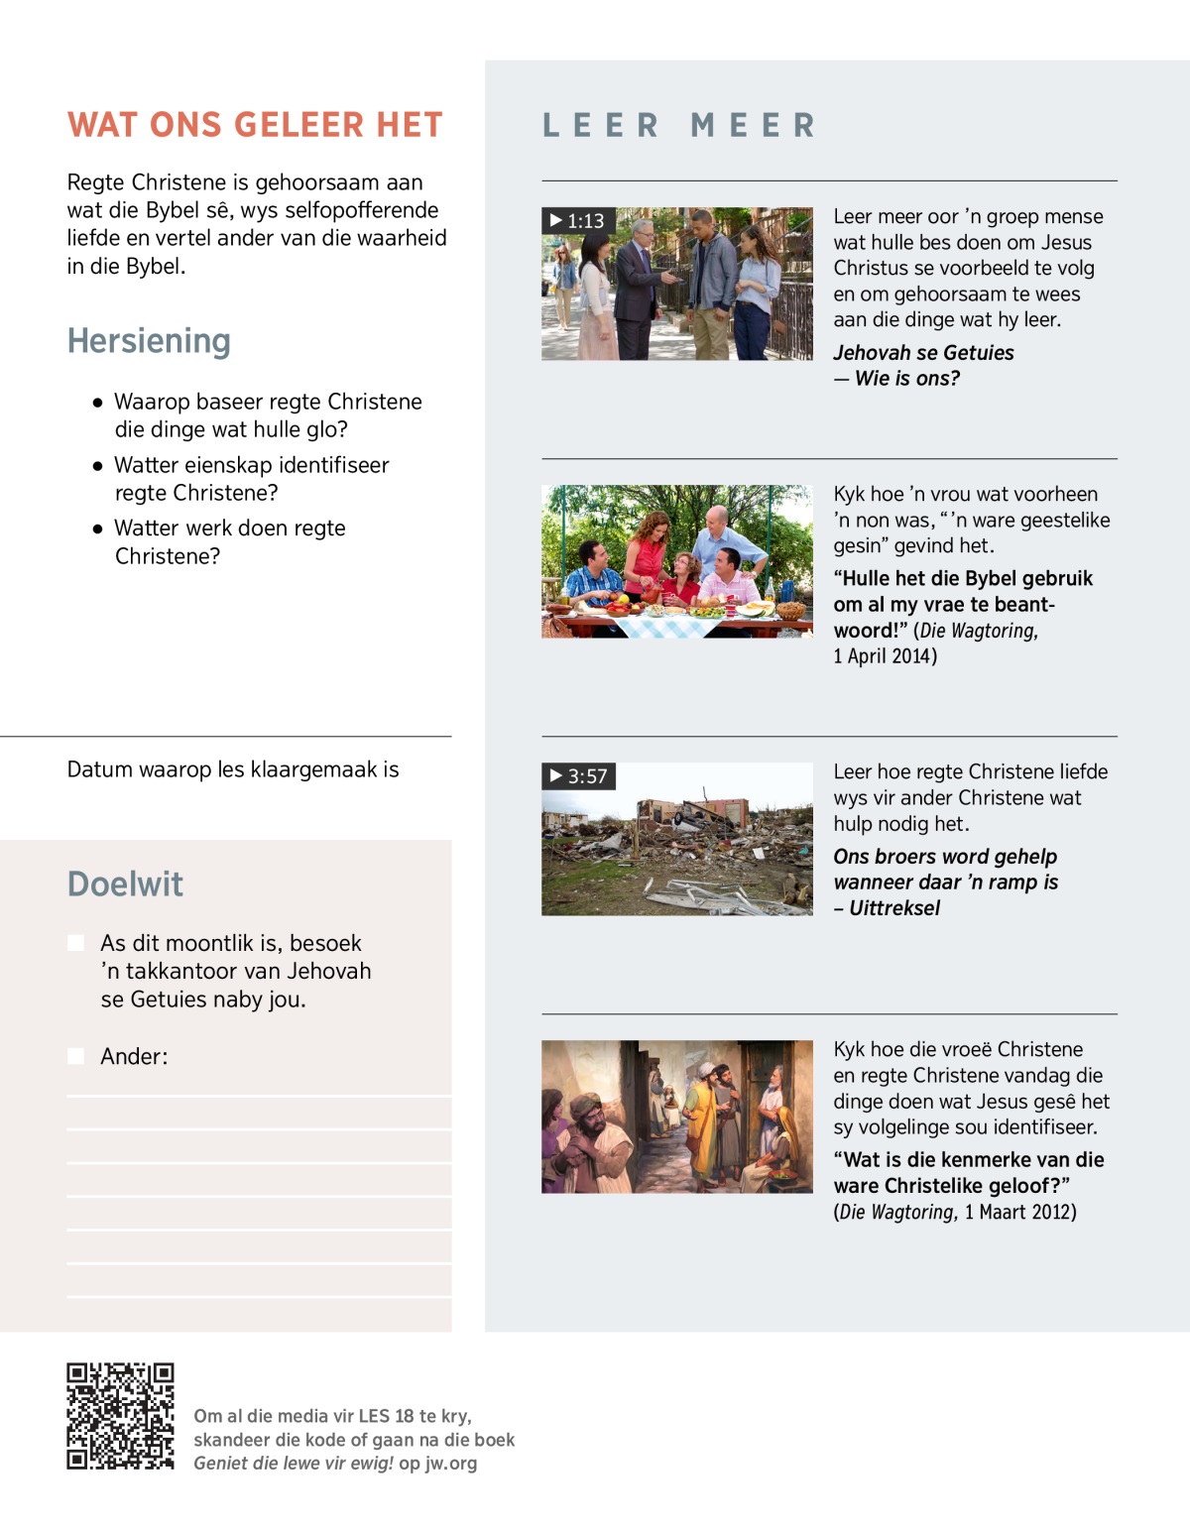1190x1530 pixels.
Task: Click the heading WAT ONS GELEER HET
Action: tap(255, 125)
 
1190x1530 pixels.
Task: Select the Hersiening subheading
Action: tap(149, 341)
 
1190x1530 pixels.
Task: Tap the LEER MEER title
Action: tap(679, 126)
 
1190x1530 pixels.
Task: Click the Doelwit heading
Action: tap(125, 884)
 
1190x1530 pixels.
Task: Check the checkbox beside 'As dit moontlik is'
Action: tap(75, 943)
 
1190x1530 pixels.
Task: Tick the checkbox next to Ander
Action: tap(75, 1056)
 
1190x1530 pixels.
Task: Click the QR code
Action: tap(120, 1416)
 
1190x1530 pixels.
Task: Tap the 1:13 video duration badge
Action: tap(578, 220)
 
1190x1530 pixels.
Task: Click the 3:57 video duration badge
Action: tap(579, 775)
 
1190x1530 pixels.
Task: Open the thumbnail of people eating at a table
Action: tap(676, 561)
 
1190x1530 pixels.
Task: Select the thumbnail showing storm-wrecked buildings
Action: tap(676, 839)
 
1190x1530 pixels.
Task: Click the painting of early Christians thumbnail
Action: tap(676, 1117)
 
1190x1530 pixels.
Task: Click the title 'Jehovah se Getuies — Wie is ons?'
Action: tap(922, 365)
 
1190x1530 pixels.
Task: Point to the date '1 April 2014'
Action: tap(885, 655)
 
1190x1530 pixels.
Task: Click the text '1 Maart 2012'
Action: tap(1019, 1212)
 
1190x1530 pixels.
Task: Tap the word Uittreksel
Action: tap(894, 908)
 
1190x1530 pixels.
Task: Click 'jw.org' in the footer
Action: tap(451, 1464)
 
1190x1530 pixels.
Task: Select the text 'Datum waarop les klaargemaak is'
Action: tap(233, 769)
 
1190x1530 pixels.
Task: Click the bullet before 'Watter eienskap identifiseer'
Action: tap(97, 466)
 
